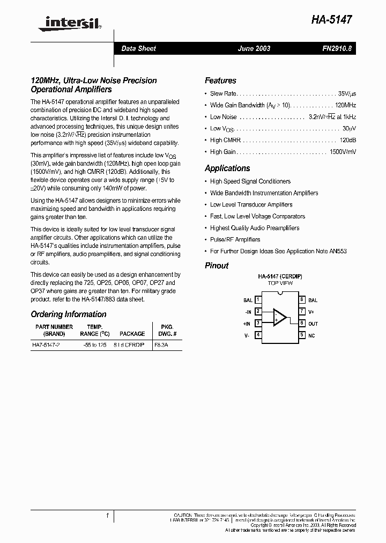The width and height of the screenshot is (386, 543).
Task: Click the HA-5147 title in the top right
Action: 331,20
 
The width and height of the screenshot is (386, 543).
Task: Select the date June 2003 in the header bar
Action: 254,49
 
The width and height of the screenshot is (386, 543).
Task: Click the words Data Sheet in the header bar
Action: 138,49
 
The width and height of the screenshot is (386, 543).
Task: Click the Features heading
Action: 220,80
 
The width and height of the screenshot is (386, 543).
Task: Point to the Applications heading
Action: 227,168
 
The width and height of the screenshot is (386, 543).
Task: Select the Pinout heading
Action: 217,266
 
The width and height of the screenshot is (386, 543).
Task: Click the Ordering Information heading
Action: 69,314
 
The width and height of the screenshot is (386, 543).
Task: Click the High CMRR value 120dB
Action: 348,140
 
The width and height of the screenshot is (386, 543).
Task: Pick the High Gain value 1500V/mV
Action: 343,152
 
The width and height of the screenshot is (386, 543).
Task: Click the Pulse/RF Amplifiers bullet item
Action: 235,240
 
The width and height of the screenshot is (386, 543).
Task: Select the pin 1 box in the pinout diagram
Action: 258,300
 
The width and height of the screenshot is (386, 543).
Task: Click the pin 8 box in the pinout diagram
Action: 302,300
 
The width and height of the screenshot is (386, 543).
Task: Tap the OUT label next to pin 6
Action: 313,324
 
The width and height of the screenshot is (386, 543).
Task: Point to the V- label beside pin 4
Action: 247,335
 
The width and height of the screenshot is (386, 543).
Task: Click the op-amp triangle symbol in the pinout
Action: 280,317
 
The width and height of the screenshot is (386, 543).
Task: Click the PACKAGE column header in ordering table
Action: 132,333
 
